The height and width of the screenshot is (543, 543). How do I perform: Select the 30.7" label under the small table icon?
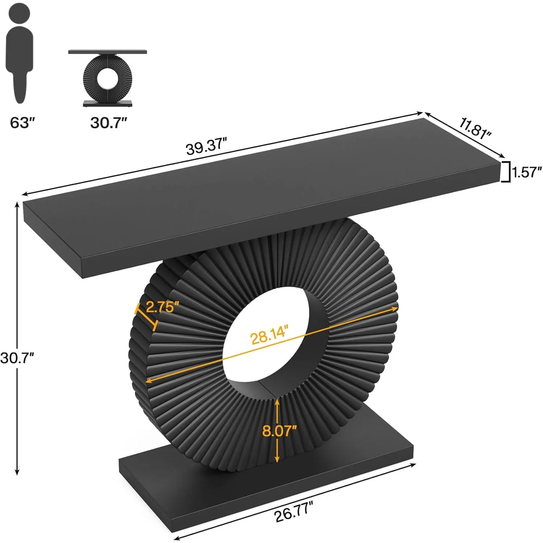pos(109,122)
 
